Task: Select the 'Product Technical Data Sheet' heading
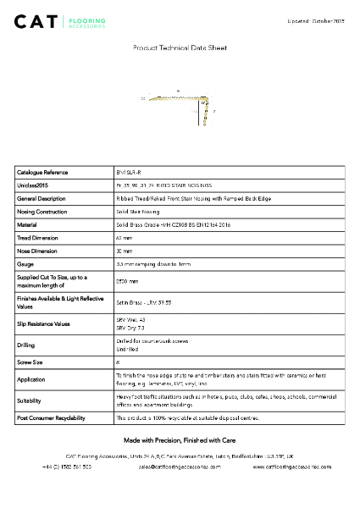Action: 179,49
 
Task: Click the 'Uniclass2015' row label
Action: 33,185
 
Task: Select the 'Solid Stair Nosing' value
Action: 137,212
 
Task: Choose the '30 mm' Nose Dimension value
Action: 124,251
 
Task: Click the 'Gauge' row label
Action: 25,265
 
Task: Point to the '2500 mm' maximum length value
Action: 127,281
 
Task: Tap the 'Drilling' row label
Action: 26,345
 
